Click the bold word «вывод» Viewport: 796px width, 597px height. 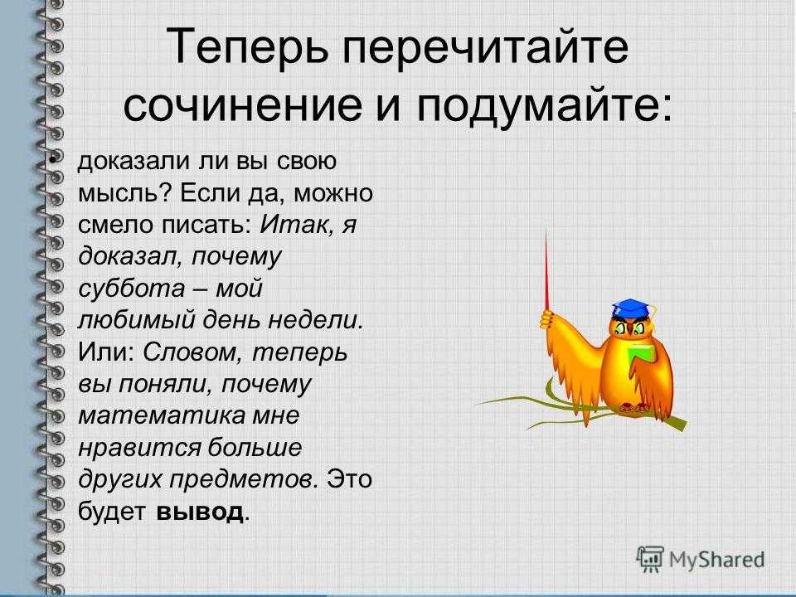(x=200, y=512)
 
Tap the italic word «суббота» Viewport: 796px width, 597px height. (x=132, y=289)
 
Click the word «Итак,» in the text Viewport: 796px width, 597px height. (x=295, y=226)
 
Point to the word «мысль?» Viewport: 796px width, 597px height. (x=119, y=194)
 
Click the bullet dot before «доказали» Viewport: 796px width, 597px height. (x=51, y=161)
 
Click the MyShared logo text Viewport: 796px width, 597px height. (x=716, y=560)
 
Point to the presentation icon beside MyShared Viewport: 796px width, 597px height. (x=650, y=560)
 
